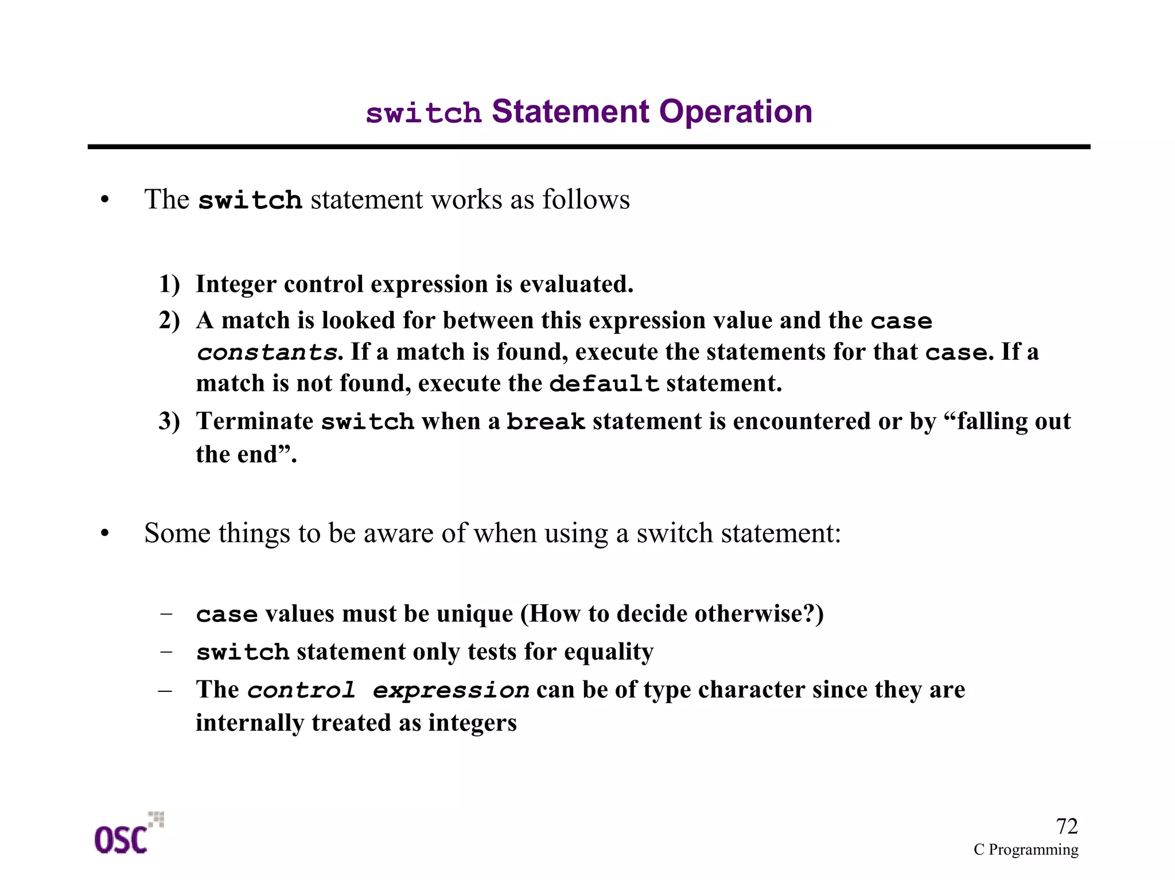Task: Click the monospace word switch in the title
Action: [x=423, y=113]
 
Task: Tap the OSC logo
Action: [x=128, y=835]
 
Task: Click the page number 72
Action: [x=1067, y=827]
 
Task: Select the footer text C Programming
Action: [x=1026, y=850]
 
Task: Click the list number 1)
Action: [x=169, y=285]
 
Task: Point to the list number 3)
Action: [x=169, y=422]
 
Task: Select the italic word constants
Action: [x=267, y=353]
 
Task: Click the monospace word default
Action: [x=604, y=384]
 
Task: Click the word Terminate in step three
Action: [x=254, y=422]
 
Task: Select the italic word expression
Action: [x=451, y=690]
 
